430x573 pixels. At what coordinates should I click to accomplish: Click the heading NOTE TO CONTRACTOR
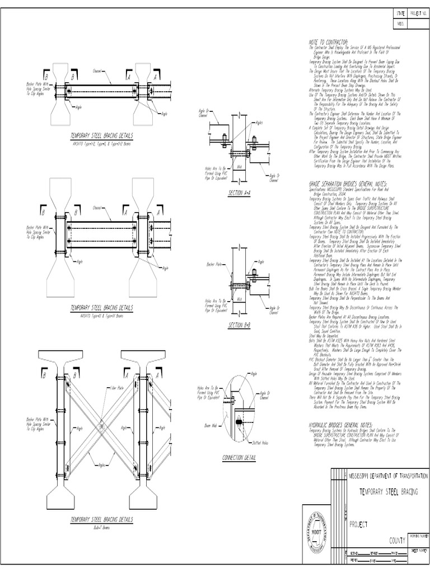point(328,43)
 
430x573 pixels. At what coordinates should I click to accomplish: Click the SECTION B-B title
point(239,325)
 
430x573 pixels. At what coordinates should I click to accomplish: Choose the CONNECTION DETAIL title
point(240,457)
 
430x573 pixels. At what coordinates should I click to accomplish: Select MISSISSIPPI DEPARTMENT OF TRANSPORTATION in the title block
point(388,475)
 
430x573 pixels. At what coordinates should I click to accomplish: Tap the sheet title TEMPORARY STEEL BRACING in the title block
point(387,490)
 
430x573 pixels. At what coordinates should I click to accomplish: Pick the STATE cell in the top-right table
point(400,13)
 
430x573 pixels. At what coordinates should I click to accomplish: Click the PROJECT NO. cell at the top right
point(419,13)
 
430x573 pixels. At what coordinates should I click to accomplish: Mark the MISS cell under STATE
point(400,24)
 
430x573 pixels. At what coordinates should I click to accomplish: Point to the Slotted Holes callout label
point(260,442)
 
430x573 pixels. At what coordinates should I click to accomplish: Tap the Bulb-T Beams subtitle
point(101,527)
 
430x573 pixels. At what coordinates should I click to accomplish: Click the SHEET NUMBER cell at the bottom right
point(419,551)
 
